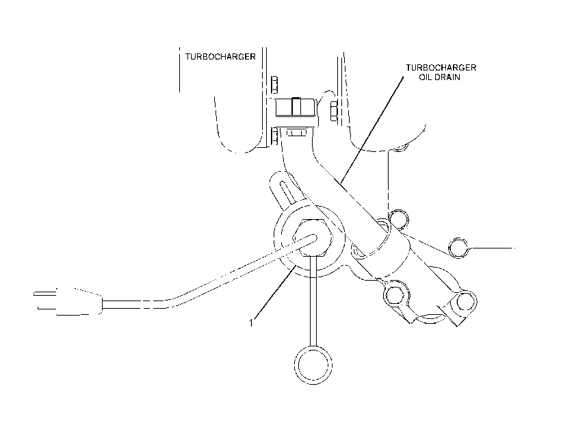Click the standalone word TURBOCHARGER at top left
(220, 57)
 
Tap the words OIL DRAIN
(439, 77)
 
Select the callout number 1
(251, 323)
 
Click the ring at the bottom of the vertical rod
(313, 366)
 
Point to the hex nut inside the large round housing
(313, 237)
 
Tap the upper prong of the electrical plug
(44, 294)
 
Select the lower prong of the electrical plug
(47, 308)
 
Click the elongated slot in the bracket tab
(287, 192)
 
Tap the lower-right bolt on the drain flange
(466, 302)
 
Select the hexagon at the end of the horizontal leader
(458, 247)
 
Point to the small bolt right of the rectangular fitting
(333, 111)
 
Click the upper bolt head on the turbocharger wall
(274, 85)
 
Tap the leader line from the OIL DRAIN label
(371, 130)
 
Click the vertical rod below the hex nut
(313, 301)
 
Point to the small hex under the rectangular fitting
(297, 133)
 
